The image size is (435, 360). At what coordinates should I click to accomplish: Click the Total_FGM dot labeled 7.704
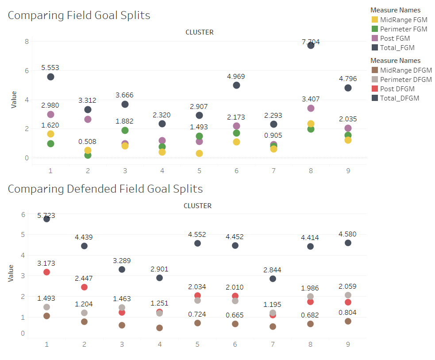[x=311, y=46]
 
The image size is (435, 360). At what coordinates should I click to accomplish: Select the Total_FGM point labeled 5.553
[x=50, y=77]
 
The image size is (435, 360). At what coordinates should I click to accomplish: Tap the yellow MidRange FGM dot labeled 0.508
[x=88, y=151]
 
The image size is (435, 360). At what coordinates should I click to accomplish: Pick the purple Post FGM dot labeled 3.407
[x=311, y=108]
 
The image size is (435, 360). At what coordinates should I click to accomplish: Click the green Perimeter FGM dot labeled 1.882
[x=125, y=131]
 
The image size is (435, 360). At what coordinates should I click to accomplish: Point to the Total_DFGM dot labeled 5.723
[x=46, y=219]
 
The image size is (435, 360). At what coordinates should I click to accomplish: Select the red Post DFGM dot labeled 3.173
[x=46, y=272]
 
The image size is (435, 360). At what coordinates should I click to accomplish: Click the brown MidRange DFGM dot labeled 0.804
[x=348, y=321]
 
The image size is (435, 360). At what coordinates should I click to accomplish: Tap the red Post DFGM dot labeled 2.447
[x=85, y=287]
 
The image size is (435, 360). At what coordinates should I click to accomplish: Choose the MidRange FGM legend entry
[x=400, y=20]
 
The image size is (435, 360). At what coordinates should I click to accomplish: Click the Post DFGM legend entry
[x=393, y=89]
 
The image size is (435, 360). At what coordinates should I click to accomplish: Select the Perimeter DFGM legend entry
[x=402, y=80]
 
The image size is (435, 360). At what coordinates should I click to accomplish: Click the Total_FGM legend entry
[x=393, y=48]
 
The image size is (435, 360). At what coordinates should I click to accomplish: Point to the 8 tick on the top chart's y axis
[x=27, y=42]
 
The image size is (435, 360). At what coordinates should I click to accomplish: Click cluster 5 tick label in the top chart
[x=199, y=171]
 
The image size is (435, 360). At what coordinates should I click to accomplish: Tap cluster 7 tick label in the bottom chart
[x=273, y=345]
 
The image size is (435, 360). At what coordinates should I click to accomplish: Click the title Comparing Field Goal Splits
[x=79, y=15]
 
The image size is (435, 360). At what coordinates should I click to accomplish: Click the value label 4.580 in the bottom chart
[x=347, y=234]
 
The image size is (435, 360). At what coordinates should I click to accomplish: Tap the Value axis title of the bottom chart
[x=11, y=273]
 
